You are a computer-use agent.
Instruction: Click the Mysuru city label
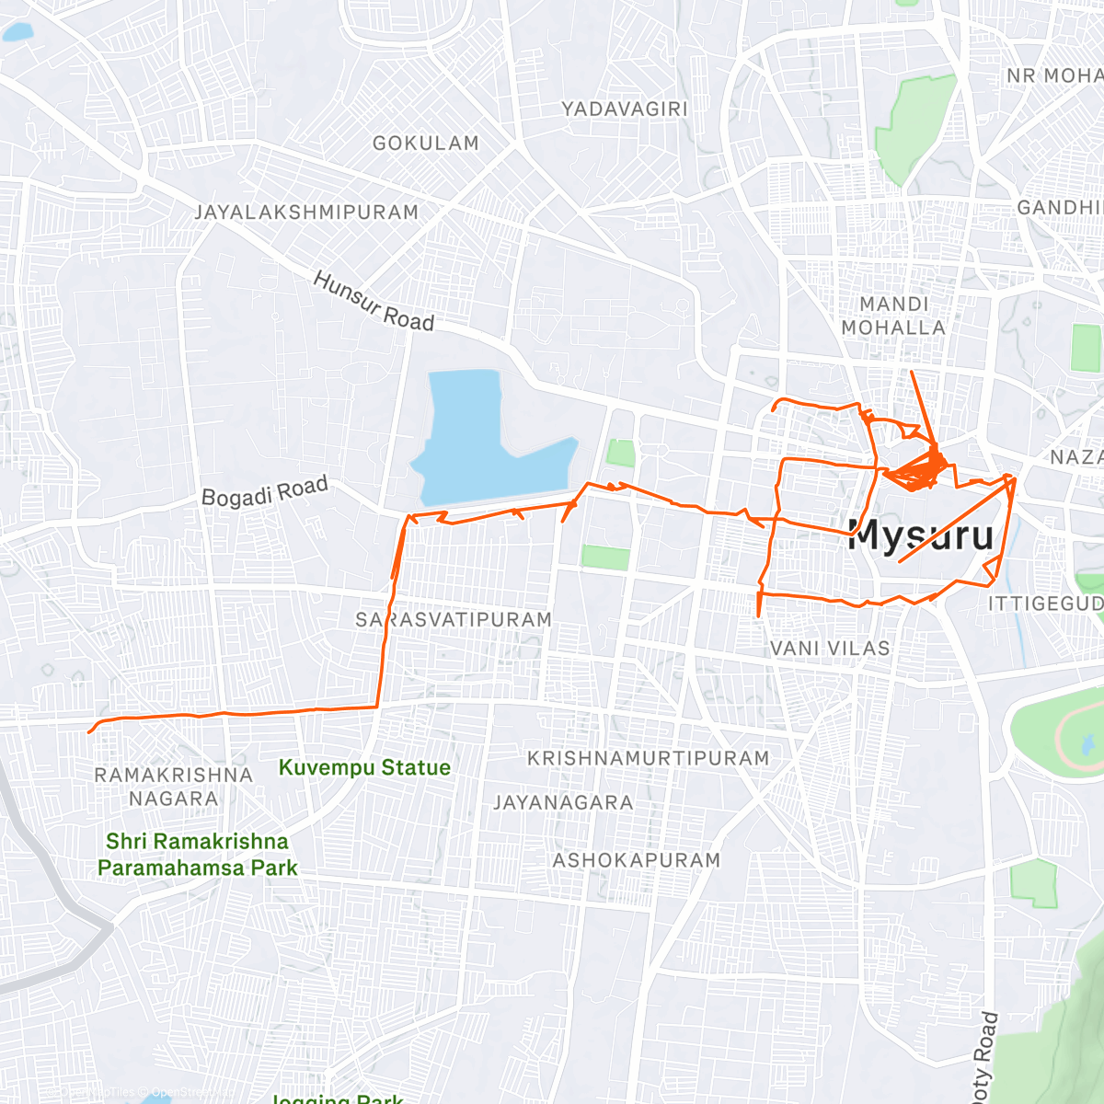[x=921, y=535]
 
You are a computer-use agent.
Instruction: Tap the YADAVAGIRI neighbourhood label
[x=625, y=109]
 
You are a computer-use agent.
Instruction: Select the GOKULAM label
[x=425, y=144]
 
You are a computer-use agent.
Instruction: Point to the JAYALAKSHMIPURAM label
[x=306, y=213]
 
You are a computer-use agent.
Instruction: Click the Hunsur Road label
[x=374, y=302]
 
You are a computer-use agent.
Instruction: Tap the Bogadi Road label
[x=265, y=492]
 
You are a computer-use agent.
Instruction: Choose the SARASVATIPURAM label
[x=454, y=620]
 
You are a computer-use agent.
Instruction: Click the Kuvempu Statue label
[x=364, y=767]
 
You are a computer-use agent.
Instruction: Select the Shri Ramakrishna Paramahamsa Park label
[x=197, y=854]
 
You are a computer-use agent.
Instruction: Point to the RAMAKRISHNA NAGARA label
[x=173, y=787]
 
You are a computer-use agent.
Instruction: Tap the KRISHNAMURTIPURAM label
[x=648, y=759]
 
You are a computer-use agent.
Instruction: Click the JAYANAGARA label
[x=563, y=803]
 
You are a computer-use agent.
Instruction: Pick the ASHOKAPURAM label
[x=637, y=861]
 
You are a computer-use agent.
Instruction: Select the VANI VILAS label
[x=830, y=649]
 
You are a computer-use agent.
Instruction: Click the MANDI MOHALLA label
[x=893, y=316]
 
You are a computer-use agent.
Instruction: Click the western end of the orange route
[x=89, y=732]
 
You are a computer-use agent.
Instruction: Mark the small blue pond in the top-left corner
[x=17, y=32]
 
